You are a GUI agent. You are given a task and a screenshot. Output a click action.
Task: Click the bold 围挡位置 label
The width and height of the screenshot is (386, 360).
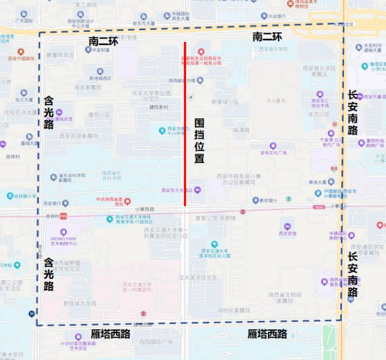[x=199, y=140]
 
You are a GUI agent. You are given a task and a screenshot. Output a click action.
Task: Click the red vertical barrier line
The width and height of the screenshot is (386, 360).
[x=185, y=123]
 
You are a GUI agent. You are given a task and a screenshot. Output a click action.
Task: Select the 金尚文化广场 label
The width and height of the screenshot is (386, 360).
[x=272, y=152]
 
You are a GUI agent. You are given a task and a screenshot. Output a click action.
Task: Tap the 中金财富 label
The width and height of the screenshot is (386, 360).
[x=101, y=50]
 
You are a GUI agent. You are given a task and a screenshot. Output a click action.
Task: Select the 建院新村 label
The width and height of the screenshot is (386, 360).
[x=156, y=107]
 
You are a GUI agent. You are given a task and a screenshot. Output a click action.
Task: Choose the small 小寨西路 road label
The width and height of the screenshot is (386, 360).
[x=144, y=210]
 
